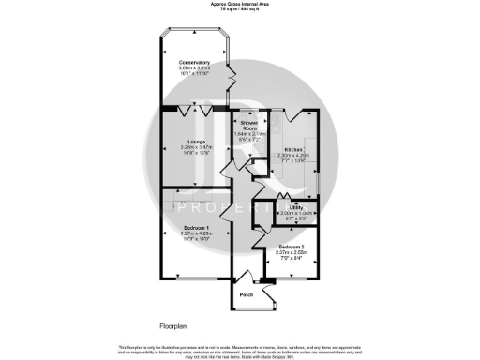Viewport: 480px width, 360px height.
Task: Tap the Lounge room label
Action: [x=196, y=141]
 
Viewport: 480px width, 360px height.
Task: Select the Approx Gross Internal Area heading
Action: [x=239, y=4]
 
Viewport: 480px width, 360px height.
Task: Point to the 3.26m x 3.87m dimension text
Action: [x=196, y=147]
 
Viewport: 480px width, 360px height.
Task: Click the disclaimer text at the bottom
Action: [x=239, y=350]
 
